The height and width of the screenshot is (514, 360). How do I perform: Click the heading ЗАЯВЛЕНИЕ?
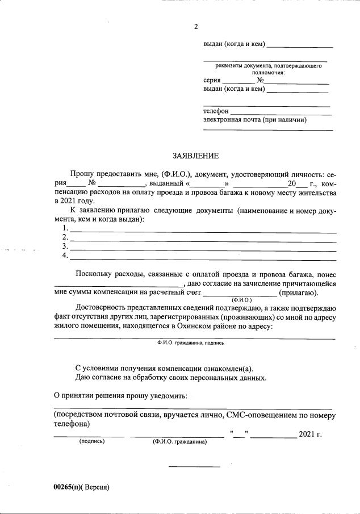click(x=195, y=156)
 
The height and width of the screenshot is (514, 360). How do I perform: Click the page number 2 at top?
click(x=196, y=27)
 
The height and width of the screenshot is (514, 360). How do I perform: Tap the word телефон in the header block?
click(x=216, y=111)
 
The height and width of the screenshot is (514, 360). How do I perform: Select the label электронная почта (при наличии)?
click(x=255, y=120)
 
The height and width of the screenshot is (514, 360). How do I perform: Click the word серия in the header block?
click(x=212, y=81)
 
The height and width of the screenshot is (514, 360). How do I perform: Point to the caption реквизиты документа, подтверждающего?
click(x=265, y=66)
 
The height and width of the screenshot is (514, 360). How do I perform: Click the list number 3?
click(x=65, y=246)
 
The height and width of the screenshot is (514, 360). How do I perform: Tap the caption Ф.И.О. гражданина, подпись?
click(x=191, y=342)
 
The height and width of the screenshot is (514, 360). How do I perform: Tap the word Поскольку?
click(x=93, y=274)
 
